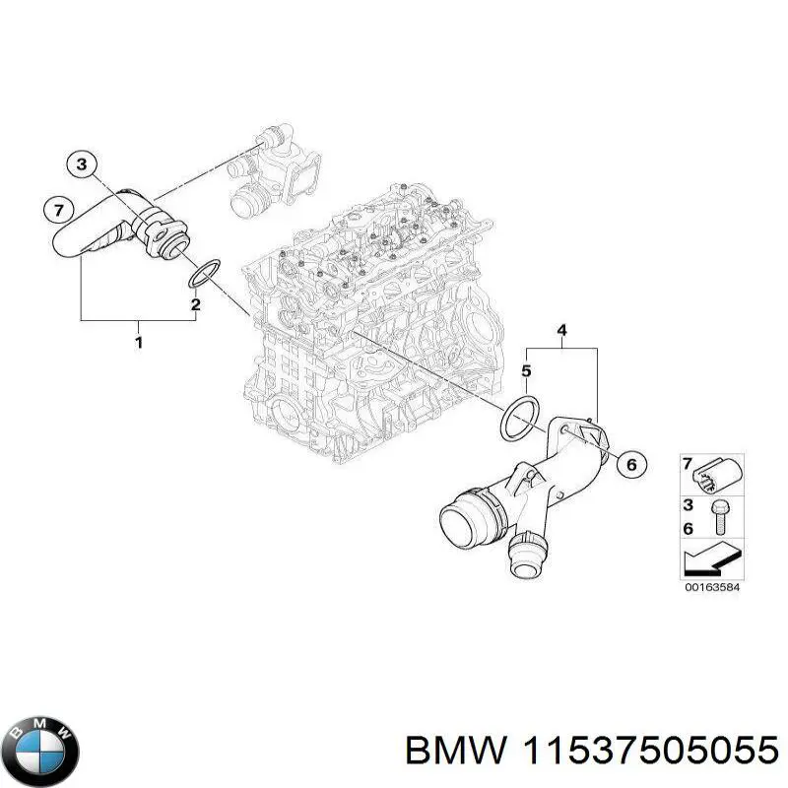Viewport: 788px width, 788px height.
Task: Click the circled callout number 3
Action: pos(84,164)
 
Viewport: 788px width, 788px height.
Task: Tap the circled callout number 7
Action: pos(59,209)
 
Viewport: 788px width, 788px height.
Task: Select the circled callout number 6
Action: pos(630,463)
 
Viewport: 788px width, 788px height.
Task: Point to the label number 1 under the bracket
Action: pos(139,342)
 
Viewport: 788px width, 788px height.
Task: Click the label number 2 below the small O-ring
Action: pos(195,304)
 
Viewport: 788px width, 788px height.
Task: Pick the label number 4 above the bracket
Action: pos(561,331)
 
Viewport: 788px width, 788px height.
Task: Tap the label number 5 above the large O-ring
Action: pos(526,371)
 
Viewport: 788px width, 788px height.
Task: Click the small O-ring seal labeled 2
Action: pos(204,274)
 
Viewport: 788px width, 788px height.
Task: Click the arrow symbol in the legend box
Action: pos(711,560)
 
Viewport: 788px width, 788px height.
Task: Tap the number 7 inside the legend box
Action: pos(689,463)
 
